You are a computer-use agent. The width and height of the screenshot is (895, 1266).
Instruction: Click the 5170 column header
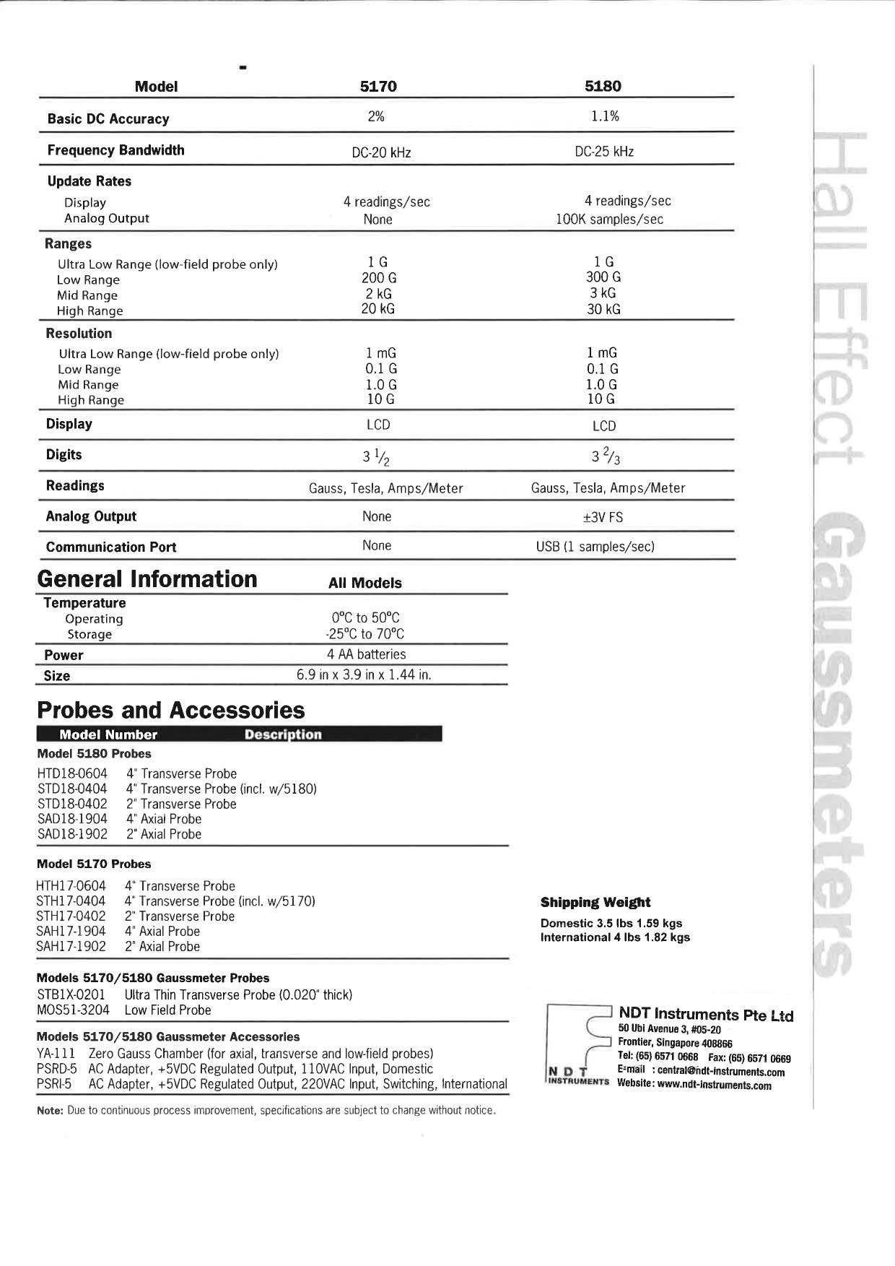click(x=378, y=87)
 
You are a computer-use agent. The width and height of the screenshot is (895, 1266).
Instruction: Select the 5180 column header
click(x=603, y=87)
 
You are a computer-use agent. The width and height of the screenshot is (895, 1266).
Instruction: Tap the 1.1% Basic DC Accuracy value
click(x=605, y=116)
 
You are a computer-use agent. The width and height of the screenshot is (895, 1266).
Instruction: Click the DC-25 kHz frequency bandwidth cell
click(x=604, y=152)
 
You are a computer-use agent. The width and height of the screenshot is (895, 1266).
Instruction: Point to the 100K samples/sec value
click(x=609, y=220)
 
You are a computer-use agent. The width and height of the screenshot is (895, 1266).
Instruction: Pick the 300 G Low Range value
click(x=603, y=277)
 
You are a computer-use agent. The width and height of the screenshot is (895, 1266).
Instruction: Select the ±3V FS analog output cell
click(x=603, y=517)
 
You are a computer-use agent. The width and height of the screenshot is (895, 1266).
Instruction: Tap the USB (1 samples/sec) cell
click(x=595, y=547)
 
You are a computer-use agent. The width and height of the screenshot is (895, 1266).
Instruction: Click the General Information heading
click(x=147, y=579)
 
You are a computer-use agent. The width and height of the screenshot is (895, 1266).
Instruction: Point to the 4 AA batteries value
click(x=366, y=654)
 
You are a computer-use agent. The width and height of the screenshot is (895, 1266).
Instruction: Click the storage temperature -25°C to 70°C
click(x=364, y=634)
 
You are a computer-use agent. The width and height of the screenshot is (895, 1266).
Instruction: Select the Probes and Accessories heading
click(x=171, y=710)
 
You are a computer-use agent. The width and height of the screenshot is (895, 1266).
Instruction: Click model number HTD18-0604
click(x=72, y=773)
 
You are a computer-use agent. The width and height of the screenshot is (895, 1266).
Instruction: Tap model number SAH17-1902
click(x=71, y=946)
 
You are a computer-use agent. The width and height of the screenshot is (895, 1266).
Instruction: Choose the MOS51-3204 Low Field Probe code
click(x=73, y=1010)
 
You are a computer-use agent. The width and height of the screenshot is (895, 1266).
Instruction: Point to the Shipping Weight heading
click(x=595, y=902)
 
